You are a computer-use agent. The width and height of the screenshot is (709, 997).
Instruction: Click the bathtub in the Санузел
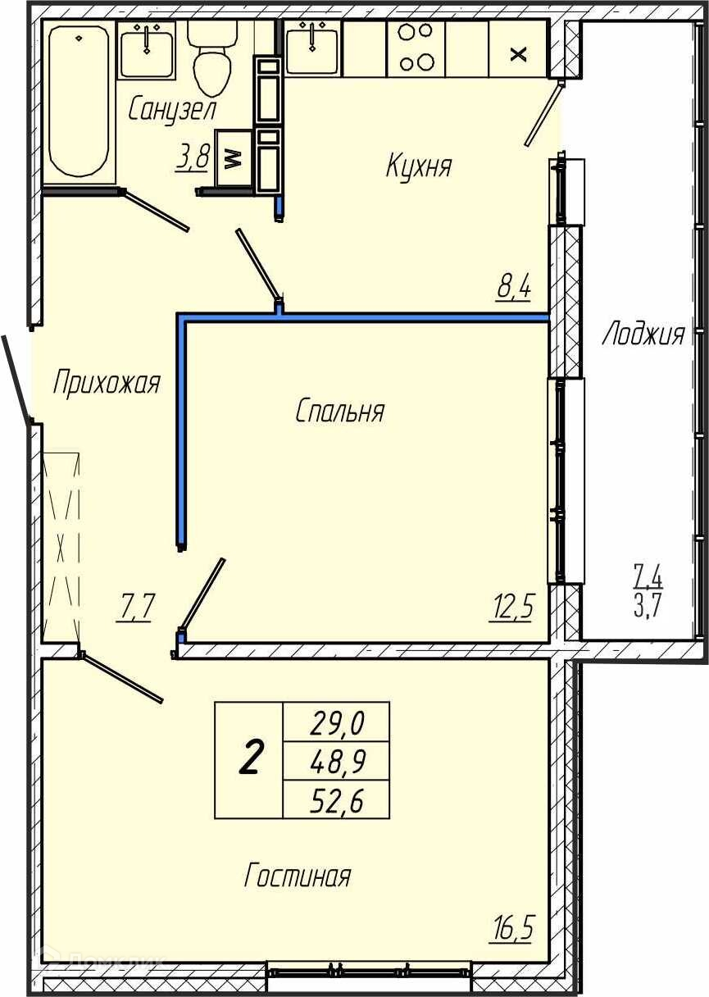[79, 102]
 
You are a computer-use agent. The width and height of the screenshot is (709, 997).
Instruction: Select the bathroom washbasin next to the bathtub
[147, 50]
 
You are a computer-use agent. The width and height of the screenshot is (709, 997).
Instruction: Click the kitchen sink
[311, 48]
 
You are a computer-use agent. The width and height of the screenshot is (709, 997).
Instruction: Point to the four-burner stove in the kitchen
[416, 48]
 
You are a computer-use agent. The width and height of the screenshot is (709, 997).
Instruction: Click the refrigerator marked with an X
[518, 49]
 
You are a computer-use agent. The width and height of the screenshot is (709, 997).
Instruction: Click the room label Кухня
[418, 166]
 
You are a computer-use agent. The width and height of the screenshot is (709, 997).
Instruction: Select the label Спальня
[339, 411]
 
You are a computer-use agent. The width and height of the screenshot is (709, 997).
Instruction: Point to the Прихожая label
[107, 382]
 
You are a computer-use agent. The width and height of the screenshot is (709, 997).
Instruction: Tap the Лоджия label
[643, 334]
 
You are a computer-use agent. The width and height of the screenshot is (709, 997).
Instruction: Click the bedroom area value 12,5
[511, 606]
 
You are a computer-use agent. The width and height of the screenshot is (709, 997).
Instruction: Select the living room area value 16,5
[511, 926]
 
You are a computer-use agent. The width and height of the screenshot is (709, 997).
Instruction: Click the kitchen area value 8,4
[514, 286]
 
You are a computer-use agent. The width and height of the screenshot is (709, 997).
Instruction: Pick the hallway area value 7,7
[135, 607]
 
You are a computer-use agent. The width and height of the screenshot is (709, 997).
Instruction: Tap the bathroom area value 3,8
[193, 157]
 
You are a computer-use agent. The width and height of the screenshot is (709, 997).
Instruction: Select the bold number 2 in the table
[250, 758]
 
